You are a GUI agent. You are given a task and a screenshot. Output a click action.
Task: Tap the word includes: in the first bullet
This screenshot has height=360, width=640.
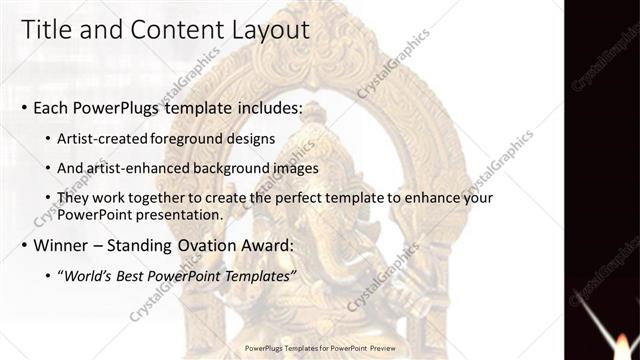tap(264, 107)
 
